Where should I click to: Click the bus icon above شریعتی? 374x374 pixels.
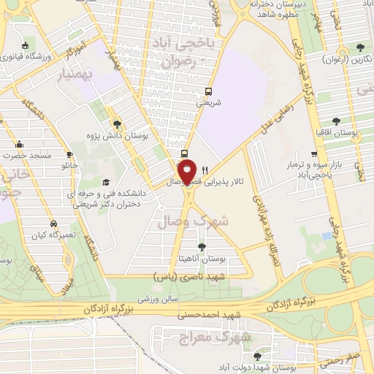point(209,92)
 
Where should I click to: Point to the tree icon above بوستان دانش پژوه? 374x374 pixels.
point(117,124)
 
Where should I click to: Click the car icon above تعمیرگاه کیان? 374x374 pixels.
point(53,224)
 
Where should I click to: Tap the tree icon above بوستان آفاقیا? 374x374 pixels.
point(336,121)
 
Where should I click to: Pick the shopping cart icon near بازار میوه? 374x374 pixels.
point(314,154)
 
